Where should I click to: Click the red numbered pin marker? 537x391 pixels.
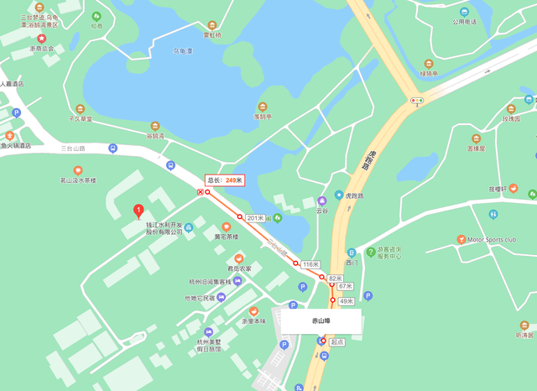138,211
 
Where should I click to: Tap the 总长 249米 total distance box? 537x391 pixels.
225,180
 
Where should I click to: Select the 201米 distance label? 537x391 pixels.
255,218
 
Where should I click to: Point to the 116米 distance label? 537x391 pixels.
310,264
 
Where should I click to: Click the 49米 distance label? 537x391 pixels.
347,300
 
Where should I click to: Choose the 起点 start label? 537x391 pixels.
336,341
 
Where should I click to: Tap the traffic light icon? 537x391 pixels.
417,101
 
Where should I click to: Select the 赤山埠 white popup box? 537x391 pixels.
321,321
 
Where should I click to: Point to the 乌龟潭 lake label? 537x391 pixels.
183,51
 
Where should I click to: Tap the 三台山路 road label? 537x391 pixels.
73,149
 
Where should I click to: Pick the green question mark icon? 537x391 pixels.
370,252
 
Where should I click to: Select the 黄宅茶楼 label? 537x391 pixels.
226,237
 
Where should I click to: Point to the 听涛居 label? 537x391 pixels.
524,335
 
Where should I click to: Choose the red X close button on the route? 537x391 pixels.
200,192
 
